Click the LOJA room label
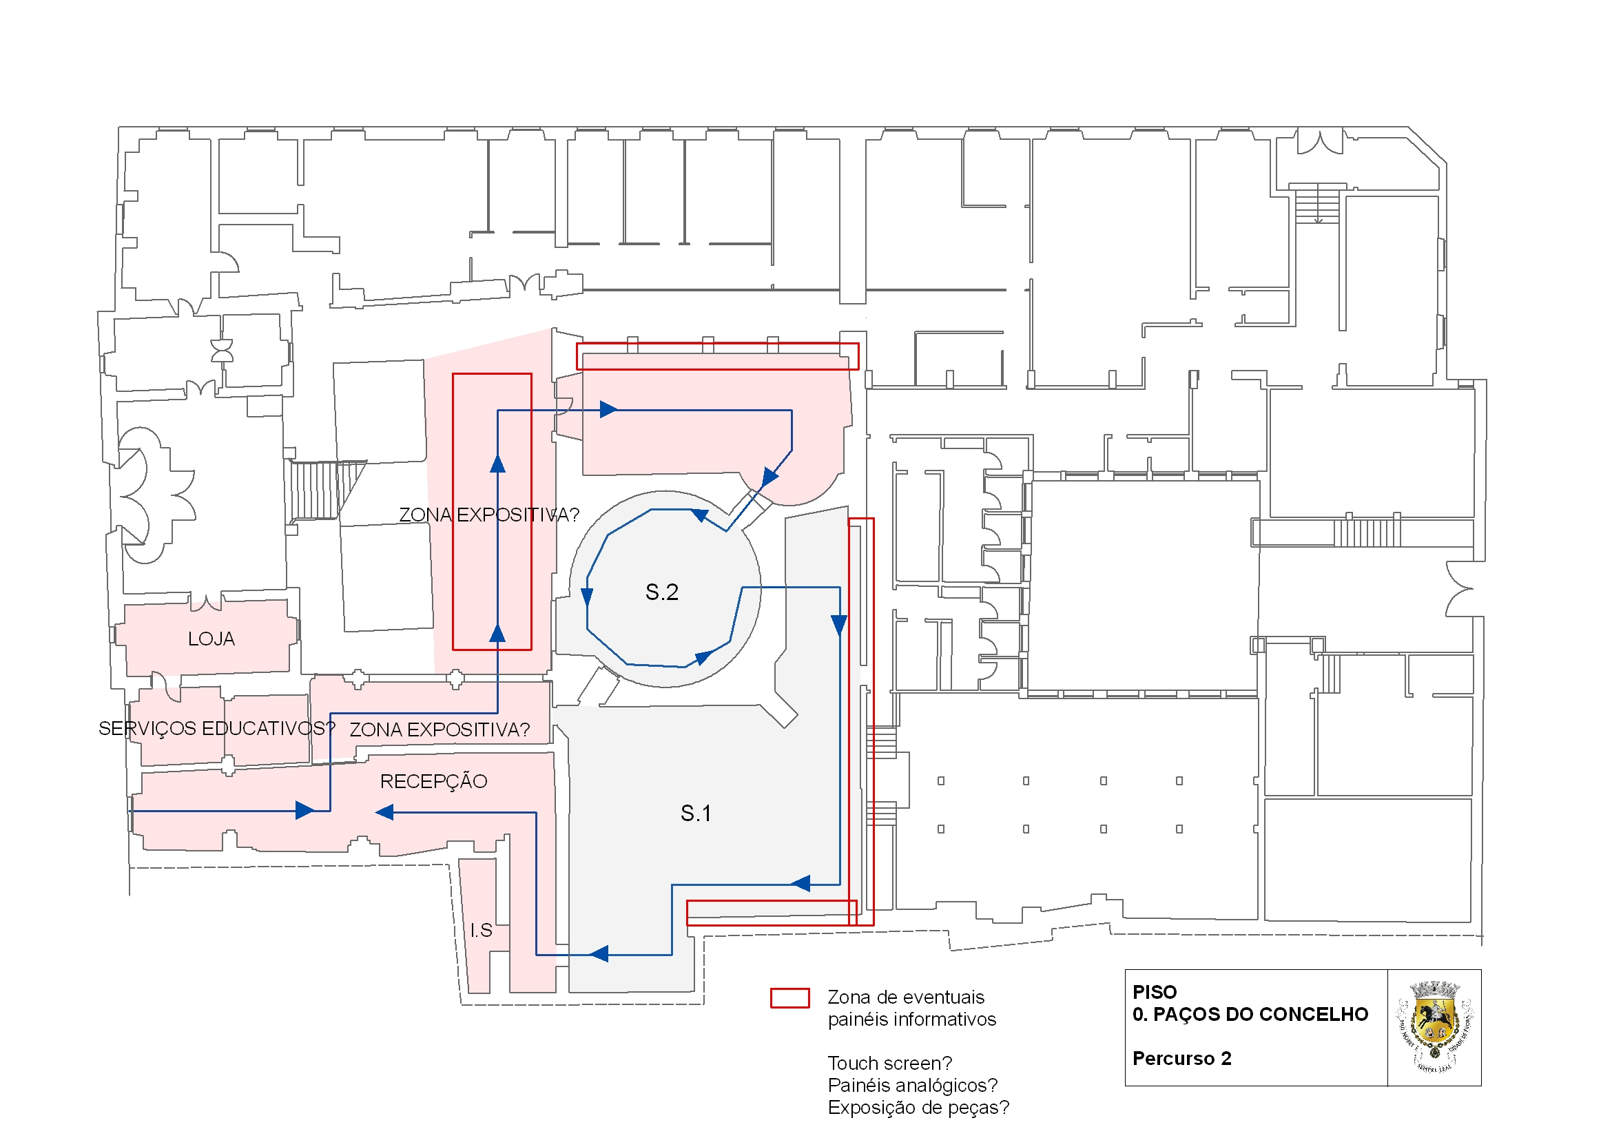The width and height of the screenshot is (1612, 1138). click(211, 639)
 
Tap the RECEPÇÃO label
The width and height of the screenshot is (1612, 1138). click(433, 782)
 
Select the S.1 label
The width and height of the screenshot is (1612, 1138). click(696, 814)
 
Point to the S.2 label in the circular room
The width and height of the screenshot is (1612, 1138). click(661, 592)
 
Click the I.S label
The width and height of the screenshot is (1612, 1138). click(481, 931)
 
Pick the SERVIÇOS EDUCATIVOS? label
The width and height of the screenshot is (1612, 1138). click(216, 729)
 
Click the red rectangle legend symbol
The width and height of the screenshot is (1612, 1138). click(789, 998)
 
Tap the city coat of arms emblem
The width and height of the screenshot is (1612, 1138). click(1434, 1027)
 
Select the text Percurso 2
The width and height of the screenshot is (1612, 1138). click(1181, 1059)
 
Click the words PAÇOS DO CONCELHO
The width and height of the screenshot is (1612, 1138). click(1260, 1015)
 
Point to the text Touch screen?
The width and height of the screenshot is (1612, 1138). click(889, 1064)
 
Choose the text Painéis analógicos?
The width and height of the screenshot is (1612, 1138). click(912, 1086)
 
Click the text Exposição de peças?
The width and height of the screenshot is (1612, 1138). click(918, 1108)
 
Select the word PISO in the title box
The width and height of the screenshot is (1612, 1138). click(1155, 993)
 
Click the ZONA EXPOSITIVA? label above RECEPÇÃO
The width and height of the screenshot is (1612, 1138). click(440, 730)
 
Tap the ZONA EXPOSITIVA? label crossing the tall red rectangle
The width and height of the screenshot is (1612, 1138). click(488, 515)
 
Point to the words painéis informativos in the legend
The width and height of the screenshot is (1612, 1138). click(911, 1020)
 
